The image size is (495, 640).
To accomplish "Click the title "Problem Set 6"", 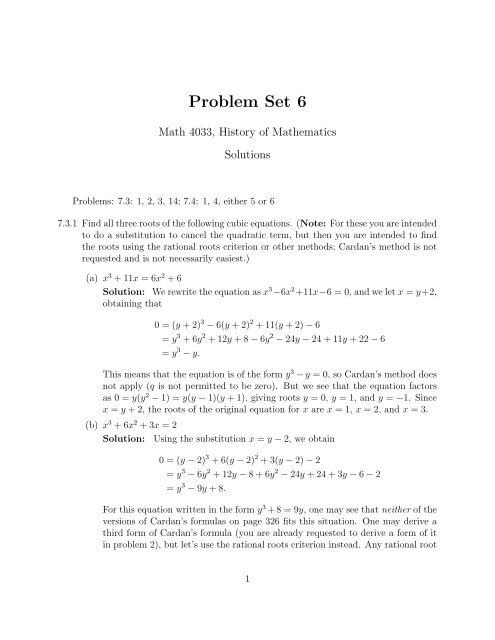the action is click(x=246, y=99).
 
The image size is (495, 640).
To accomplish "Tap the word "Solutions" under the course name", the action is click(x=246, y=157).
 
